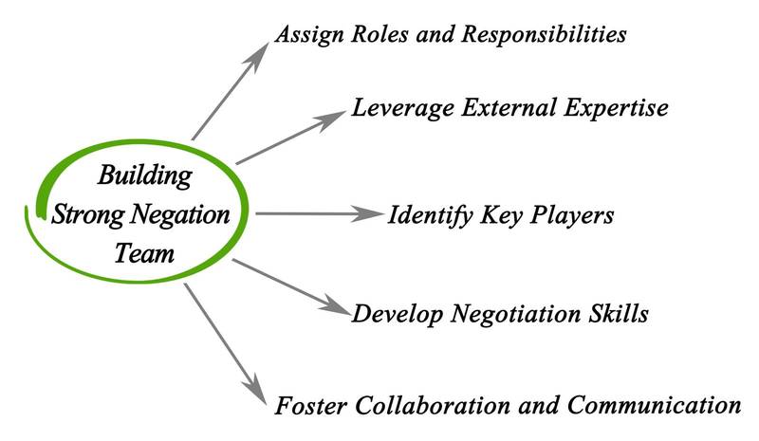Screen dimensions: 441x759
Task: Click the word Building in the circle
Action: click(144, 175)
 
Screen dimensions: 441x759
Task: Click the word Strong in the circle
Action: click(86, 214)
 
